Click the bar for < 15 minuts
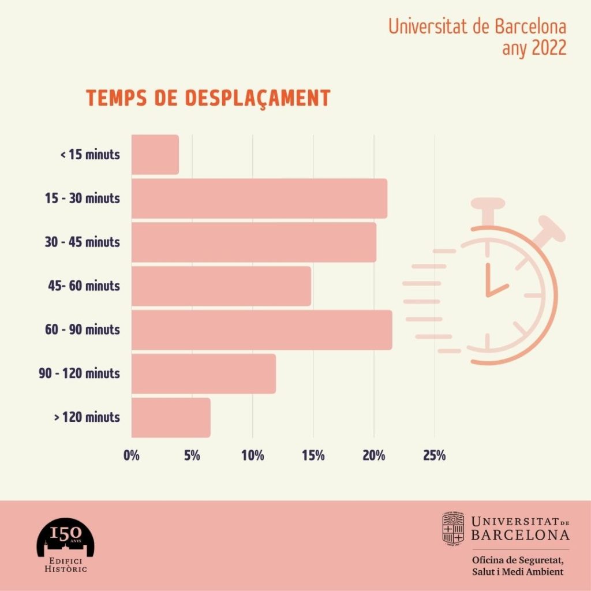pyautogui.click(x=155, y=155)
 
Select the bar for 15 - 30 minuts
pyautogui.click(x=259, y=199)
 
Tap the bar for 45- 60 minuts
pyautogui.click(x=221, y=286)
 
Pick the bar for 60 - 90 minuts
pyautogui.click(x=261, y=330)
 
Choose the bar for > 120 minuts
pyautogui.click(x=171, y=417)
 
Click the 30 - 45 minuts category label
pyautogui.click(x=83, y=242)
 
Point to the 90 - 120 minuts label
pyautogui.click(x=80, y=373)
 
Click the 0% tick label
pyautogui.click(x=132, y=455)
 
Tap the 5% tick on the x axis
pyautogui.click(x=192, y=455)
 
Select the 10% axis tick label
pyautogui.click(x=252, y=455)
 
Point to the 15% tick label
pyautogui.click(x=313, y=455)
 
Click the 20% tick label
pyautogui.click(x=373, y=455)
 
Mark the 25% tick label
pyautogui.click(x=434, y=455)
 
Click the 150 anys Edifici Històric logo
pyautogui.click(x=65, y=547)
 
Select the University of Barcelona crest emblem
pyautogui.click(x=454, y=528)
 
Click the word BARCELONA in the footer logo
pyautogui.click(x=520, y=535)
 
